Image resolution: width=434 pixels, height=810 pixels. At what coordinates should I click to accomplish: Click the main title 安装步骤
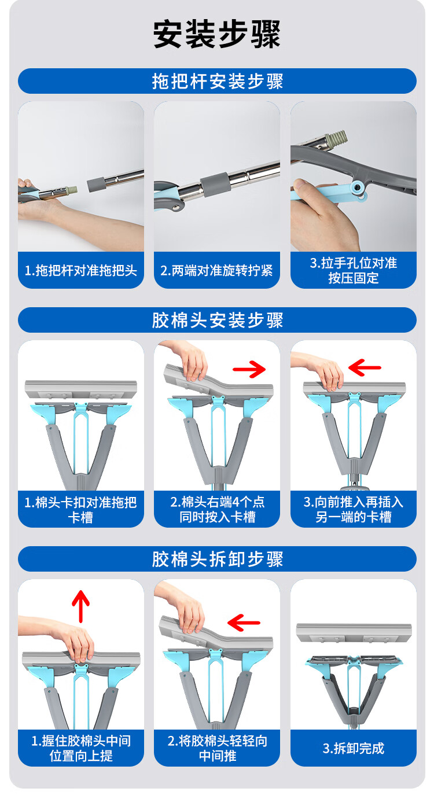[x=216, y=34]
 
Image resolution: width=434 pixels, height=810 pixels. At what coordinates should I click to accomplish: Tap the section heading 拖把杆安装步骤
[x=218, y=81]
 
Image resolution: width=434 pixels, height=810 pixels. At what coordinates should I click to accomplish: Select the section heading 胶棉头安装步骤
[x=218, y=320]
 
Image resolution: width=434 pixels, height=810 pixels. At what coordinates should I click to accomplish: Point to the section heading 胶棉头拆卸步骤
[x=218, y=559]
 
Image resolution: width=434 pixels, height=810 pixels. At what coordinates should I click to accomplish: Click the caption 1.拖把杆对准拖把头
[x=81, y=271]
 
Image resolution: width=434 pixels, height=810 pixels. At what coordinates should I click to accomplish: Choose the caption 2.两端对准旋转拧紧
[x=216, y=271]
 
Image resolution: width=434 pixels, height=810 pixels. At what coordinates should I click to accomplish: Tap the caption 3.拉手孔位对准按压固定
[x=354, y=271]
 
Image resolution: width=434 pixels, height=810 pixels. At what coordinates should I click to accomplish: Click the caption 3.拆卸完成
[x=354, y=748]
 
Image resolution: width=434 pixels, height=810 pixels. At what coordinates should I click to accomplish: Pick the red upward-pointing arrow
[x=80, y=606]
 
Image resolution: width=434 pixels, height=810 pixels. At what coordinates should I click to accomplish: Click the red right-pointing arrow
[x=249, y=369]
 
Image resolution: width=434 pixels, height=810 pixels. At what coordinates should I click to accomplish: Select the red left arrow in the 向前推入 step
[x=365, y=368]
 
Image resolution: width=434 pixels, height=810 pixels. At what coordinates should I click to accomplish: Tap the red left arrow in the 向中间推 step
[x=244, y=623]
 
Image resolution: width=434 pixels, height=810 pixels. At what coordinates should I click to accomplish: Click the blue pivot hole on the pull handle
[x=358, y=187]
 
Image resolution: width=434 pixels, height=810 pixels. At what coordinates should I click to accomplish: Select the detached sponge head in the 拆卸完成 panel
[x=354, y=634]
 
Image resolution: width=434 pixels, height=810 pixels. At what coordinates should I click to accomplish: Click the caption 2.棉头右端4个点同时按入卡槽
[x=218, y=510]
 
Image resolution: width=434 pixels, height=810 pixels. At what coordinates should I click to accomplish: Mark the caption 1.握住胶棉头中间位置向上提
[x=81, y=748]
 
